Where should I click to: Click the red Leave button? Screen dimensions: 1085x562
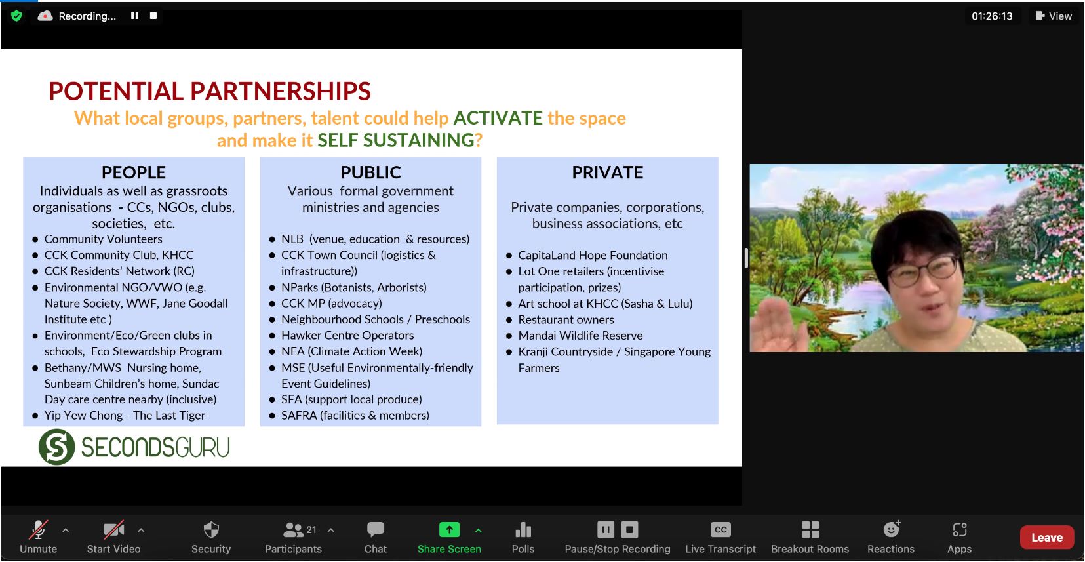1046,537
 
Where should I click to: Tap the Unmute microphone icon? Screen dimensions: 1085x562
38,530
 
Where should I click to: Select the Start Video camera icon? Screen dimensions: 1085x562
113,530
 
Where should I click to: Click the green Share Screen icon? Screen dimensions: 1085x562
449,530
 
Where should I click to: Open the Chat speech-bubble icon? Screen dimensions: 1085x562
376,530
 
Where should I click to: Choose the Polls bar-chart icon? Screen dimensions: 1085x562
523,530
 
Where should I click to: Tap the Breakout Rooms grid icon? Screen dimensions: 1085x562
810,530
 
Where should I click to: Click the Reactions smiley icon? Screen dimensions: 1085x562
891,529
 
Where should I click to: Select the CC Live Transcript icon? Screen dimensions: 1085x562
720,530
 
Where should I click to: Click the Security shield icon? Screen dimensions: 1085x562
211,530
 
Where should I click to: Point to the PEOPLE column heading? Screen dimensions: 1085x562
134,172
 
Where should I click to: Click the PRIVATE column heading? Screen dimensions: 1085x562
608,172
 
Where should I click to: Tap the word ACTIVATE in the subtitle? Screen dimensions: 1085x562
498,118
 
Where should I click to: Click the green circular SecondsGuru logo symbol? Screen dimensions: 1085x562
56,446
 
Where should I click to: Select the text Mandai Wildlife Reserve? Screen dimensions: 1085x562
580,335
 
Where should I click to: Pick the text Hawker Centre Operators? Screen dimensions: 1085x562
347,335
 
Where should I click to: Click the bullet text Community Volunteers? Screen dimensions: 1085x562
103,239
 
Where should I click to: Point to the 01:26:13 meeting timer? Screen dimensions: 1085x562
991,16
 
